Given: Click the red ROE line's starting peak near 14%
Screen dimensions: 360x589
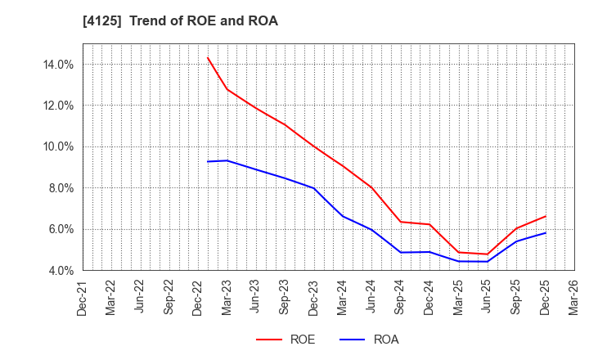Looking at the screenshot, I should [208, 57].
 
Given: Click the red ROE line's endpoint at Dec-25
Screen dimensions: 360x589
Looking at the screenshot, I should [545, 217].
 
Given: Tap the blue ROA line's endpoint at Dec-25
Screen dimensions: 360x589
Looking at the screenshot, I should [545, 233].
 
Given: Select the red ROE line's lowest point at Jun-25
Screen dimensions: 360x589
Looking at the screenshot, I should [488, 254].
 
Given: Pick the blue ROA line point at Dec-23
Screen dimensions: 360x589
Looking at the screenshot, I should [314, 188].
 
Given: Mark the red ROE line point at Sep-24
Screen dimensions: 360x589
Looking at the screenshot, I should [401, 222].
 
